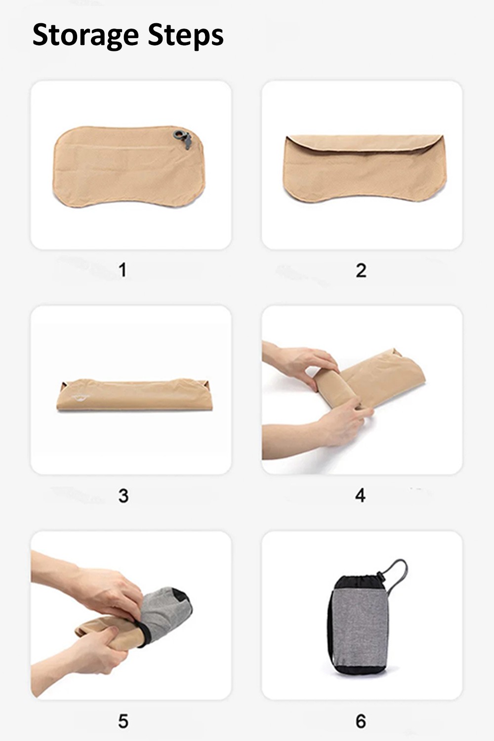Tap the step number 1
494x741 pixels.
123,270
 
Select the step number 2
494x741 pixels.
361,270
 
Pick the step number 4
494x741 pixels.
360,495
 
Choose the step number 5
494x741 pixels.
123,721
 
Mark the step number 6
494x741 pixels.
361,721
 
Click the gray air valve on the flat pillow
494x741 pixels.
183,138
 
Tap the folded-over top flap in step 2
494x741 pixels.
364,143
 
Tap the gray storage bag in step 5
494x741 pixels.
165,612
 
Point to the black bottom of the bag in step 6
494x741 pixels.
359,670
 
